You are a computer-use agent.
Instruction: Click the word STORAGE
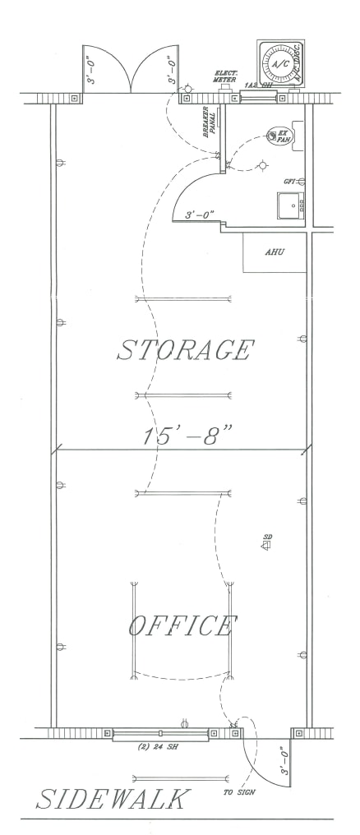coord(183,350)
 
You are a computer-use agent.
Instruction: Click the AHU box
coord(274,253)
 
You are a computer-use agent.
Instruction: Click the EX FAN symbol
coord(279,136)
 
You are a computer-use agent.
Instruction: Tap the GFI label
coord(288,181)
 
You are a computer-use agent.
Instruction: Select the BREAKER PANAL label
coord(214,121)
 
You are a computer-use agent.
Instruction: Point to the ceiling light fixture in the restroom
coord(262,164)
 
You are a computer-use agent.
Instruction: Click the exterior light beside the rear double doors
coord(188,85)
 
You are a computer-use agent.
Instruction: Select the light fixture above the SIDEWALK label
coord(180,777)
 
